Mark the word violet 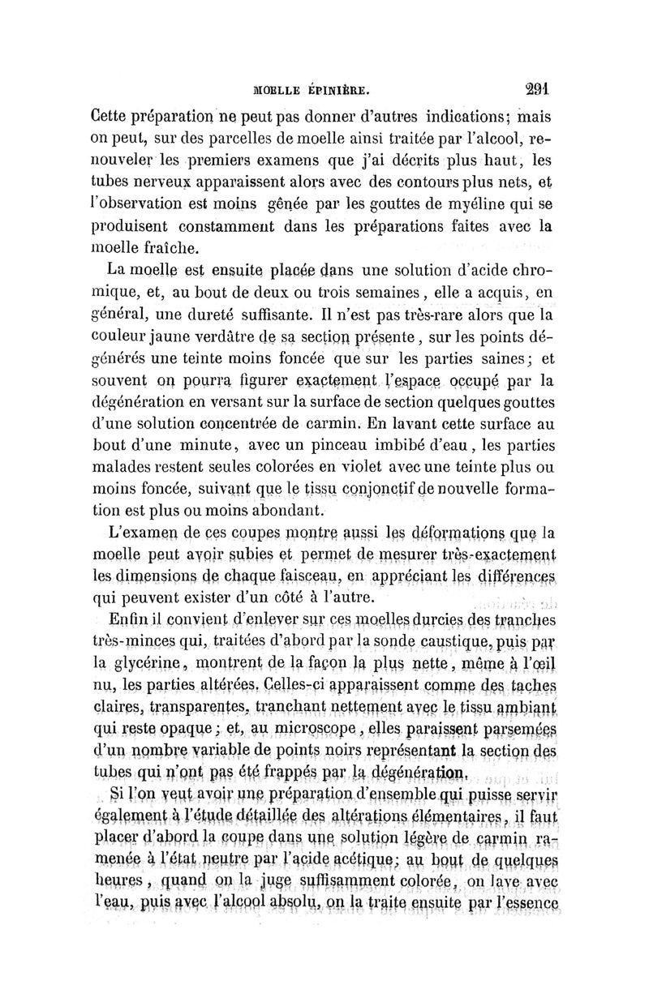point(352,467)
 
